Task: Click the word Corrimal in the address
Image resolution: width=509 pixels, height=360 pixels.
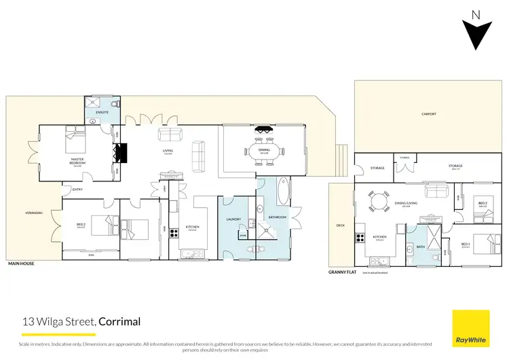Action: pos(120,321)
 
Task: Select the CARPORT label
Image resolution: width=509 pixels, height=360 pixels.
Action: pos(429,114)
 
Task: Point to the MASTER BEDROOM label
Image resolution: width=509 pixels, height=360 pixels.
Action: pos(78,162)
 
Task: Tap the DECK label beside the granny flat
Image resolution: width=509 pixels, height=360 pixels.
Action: pos(341,226)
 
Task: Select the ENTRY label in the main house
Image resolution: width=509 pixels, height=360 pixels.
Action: pos(77,190)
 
